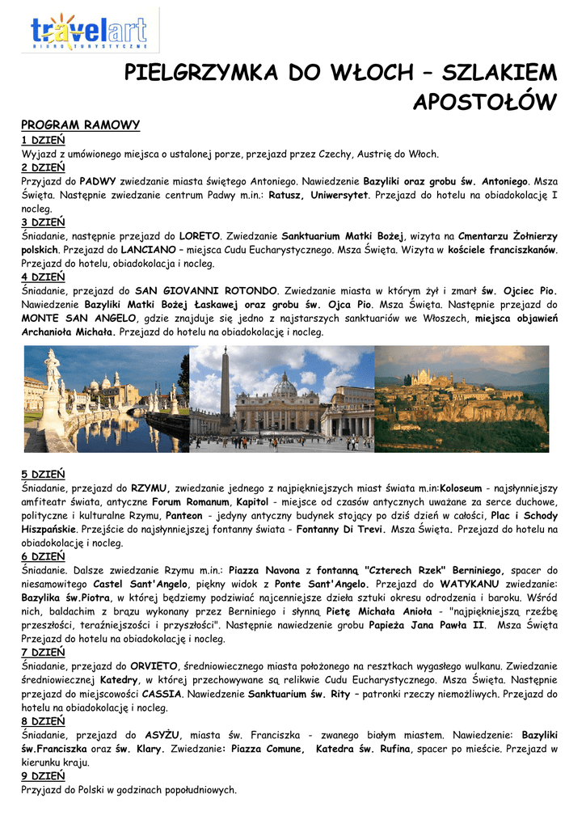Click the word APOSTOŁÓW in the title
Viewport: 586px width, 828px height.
tap(485, 103)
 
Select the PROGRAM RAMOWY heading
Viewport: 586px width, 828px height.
tap(80, 125)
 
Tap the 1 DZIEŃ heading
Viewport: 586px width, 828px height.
tap(43, 140)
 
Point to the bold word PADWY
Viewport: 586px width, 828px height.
tap(99, 181)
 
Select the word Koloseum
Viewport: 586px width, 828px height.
tap(461, 488)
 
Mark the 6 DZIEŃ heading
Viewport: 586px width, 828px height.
tap(43, 556)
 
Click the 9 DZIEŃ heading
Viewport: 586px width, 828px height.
tap(43, 776)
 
